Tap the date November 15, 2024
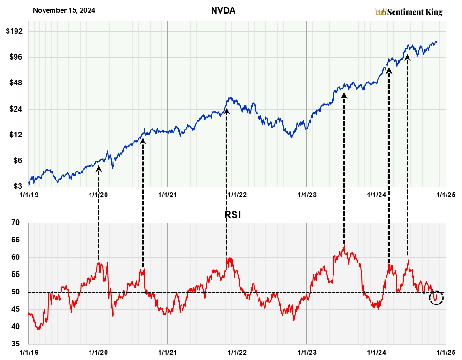(x=64, y=10)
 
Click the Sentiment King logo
(x=409, y=12)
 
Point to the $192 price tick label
(x=16, y=31)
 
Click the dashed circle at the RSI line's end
(x=436, y=297)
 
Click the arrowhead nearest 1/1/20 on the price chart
(x=98, y=167)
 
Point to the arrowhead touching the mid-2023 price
(x=344, y=96)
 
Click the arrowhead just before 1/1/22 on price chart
(x=227, y=111)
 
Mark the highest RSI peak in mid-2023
(x=344, y=245)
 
